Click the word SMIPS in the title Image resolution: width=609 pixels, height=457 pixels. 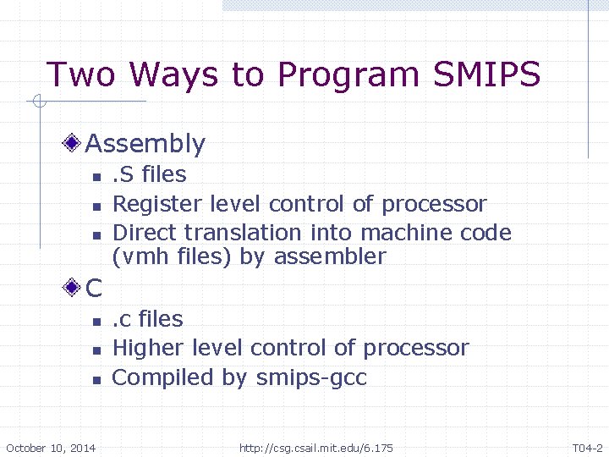point(486,74)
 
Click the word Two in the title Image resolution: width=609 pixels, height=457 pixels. point(80,74)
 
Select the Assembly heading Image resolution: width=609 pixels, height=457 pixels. point(145,144)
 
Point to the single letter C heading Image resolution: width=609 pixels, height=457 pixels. point(93,289)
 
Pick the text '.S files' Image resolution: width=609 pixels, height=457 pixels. point(150,174)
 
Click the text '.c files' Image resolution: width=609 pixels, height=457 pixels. point(148,319)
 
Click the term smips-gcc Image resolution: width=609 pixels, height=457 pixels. point(310,377)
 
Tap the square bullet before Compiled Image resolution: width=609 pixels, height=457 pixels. point(96,380)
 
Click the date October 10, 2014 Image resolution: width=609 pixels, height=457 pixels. point(51,448)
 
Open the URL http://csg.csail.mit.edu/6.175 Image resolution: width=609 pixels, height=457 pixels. point(316,448)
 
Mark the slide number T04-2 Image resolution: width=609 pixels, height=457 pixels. point(587,448)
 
